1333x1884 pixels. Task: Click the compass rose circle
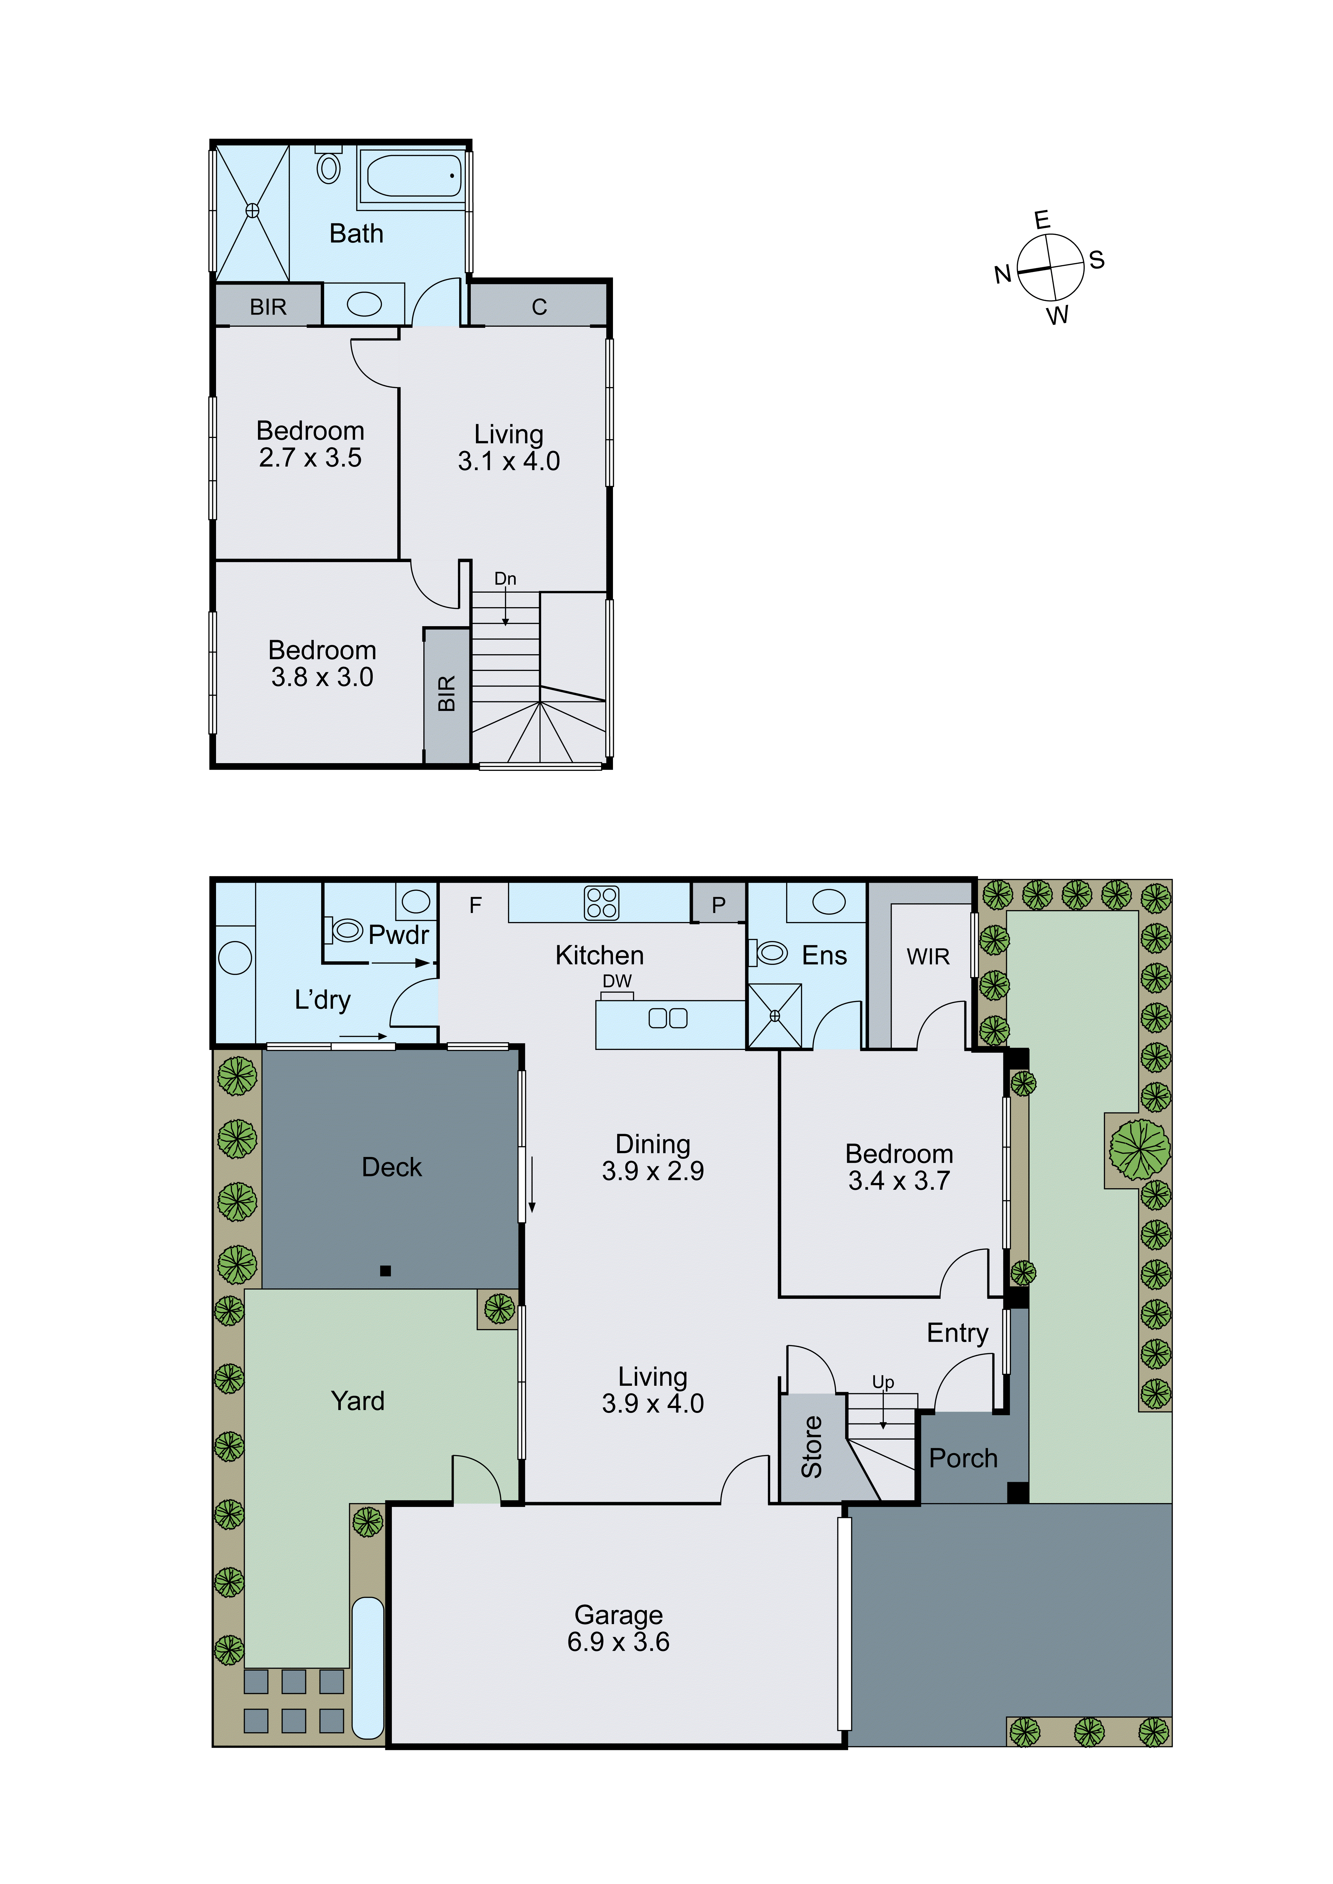1051,267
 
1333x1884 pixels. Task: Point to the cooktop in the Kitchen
602,903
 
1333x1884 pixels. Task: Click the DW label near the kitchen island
617,981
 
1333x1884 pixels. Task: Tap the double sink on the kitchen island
667,1018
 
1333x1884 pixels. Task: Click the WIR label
927,957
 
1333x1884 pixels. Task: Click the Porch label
963,1458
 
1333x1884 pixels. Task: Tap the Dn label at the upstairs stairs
505,578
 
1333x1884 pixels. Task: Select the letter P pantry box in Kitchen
718,904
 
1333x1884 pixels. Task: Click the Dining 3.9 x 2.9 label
653,1157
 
